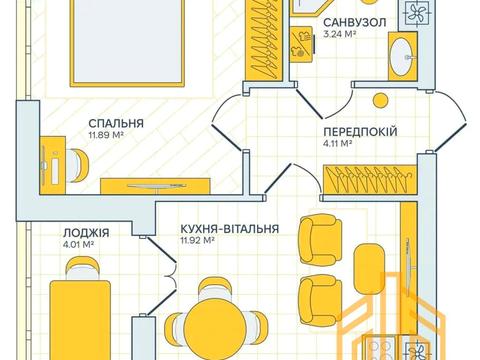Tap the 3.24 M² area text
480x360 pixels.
click(344, 33)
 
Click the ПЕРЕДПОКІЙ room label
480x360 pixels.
click(361, 131)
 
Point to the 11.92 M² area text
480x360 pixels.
click(199, 240)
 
